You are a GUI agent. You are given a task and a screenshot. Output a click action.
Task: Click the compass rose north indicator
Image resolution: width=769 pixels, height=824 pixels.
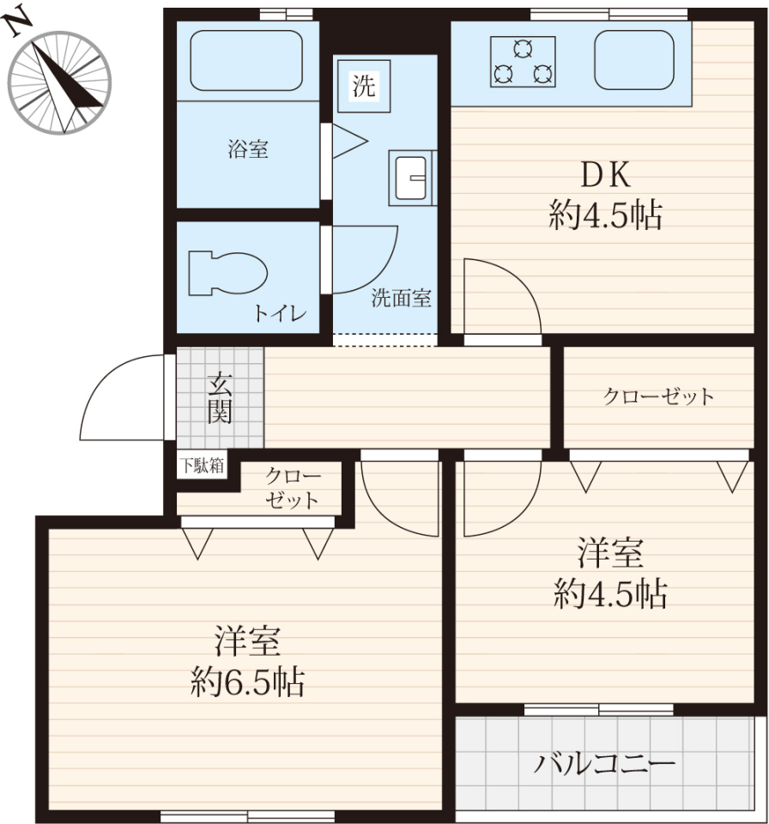click(x=60, y=82)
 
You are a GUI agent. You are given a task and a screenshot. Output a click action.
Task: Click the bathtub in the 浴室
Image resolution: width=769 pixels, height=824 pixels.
click(x=246, y=60)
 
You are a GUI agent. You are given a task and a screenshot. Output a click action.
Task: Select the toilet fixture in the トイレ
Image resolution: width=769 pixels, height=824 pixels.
click(x=227, y=273)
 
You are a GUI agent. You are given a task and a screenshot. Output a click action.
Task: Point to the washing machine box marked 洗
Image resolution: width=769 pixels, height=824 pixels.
click(x=364, y=86)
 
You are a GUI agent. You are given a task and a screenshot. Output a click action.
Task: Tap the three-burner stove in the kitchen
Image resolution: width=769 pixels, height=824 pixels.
click(x=523, y=62)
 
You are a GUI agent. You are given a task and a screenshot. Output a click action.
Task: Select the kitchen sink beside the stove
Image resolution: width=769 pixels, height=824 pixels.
click(x=634, y=59)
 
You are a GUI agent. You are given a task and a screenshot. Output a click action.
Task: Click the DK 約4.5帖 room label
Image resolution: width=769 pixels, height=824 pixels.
click(x=606, y=195)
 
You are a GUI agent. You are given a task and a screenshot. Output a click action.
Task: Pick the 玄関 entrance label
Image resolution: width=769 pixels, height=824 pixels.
click(x=219, y=398)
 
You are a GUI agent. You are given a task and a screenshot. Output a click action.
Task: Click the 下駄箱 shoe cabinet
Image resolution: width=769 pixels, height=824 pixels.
click(x=202, y=464)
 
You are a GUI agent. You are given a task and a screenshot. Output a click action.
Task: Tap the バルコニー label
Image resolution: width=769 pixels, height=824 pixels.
click(x=604, y=764)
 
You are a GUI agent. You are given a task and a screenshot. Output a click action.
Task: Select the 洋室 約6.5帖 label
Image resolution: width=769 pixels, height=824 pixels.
click(x=247, y=661)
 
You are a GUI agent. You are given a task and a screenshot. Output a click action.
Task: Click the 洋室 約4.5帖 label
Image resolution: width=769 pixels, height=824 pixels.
click(x=610, y=574)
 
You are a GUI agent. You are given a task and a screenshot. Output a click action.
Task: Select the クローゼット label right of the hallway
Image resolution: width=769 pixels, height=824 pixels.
click(x=658, y=396)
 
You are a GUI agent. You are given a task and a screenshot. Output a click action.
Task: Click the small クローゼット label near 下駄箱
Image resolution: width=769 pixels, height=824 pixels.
click(x=293, y=488)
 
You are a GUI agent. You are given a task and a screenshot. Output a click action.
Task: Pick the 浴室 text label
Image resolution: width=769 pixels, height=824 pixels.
click(x=248, y=149)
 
